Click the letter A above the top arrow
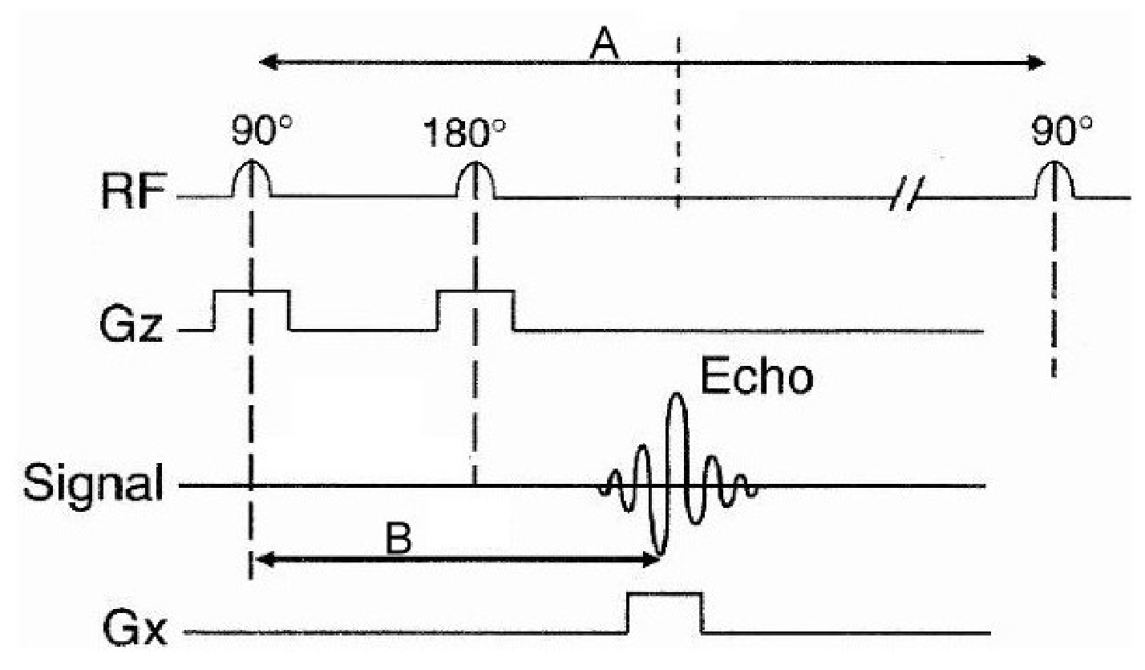tap(605, 44)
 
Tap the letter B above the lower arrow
tap(399, 538)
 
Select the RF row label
tap(134, 193)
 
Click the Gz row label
tap(131, 325)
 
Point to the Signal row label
tap(94, 483)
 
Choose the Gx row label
tap(136, 628)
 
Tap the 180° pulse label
tap(465, 134)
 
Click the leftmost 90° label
tap(261, 131)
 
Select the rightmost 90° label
tap(1062, 131)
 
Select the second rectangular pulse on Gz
tap(475, 291)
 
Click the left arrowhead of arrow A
tap(268, 63)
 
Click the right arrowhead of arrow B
tap(651, 559)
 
